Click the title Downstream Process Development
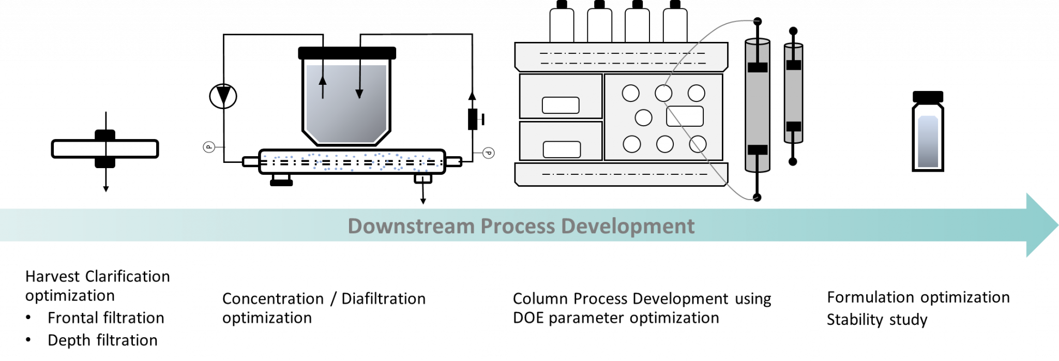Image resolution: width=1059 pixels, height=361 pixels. [521, 226]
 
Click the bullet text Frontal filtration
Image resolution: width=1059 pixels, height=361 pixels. [105, 318]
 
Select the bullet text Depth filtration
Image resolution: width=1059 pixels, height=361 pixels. [102, 340]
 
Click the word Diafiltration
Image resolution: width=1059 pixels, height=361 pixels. [383, 298]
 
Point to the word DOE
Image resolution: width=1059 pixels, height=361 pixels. [528, 318]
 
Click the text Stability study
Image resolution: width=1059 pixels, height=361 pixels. [877, 320]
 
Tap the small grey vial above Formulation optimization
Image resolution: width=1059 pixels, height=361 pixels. [928, 142]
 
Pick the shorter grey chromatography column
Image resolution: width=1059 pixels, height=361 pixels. [793, 93]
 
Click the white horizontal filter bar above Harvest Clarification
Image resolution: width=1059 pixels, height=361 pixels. [105, 149]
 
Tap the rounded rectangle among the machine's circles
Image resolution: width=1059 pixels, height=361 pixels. [685, 116]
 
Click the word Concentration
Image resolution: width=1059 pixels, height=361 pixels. [273, 298]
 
